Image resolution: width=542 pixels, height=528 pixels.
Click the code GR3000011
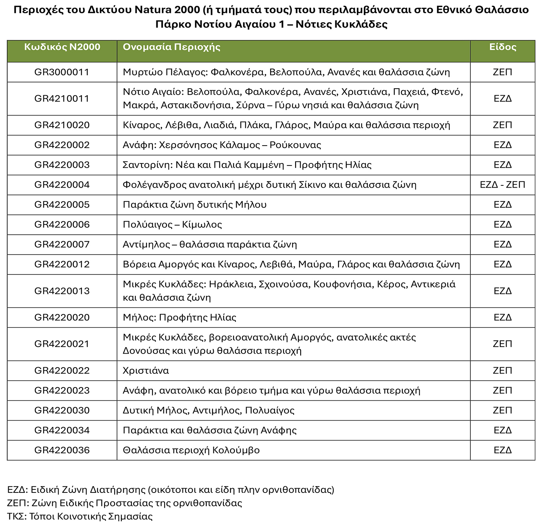pos(62,72)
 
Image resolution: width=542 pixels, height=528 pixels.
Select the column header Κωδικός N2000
pos(62,47)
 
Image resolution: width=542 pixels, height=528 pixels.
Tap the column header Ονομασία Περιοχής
pos(172,47)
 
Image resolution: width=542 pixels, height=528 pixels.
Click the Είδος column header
pos(503,47)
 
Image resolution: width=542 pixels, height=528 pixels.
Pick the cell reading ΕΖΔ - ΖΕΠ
pos(503,185)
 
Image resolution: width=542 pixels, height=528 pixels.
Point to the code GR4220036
pos(62,450)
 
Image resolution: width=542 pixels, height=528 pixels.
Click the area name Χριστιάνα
pos(146,370)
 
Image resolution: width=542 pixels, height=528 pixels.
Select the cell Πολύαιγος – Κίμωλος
pos(172,224)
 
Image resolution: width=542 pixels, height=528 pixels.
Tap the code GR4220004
pos(62,185)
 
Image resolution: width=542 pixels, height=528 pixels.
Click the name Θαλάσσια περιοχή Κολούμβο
pos(191,450)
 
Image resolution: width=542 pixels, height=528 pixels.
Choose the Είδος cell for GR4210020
pos(503,125)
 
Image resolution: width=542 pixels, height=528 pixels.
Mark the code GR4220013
pos(62,291)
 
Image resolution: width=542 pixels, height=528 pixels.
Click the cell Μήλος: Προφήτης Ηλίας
pos(179,317)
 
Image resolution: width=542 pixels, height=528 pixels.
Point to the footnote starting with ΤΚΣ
pos(80,516)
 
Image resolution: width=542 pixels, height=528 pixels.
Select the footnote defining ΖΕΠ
pos(125,503)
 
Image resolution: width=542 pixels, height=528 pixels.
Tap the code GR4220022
pos(62,370)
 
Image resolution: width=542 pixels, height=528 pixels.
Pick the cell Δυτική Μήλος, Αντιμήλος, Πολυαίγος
pos(209,410)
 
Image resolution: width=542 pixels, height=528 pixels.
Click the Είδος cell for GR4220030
pos(503,410)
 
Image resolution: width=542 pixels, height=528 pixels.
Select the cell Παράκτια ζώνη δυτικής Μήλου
pos(195,204)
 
